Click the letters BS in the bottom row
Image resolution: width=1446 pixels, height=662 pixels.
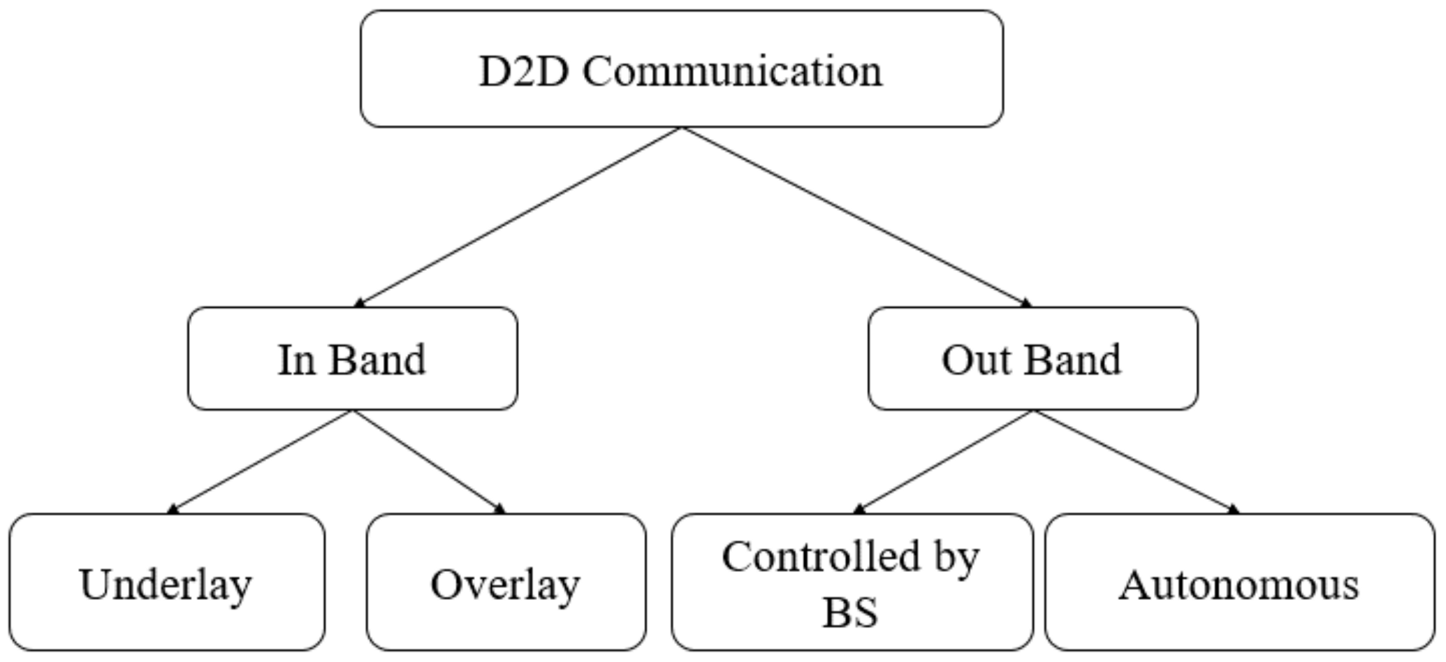(x=850, y=612)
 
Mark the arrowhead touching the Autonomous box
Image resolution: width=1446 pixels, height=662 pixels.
(x=1233, y=509)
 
